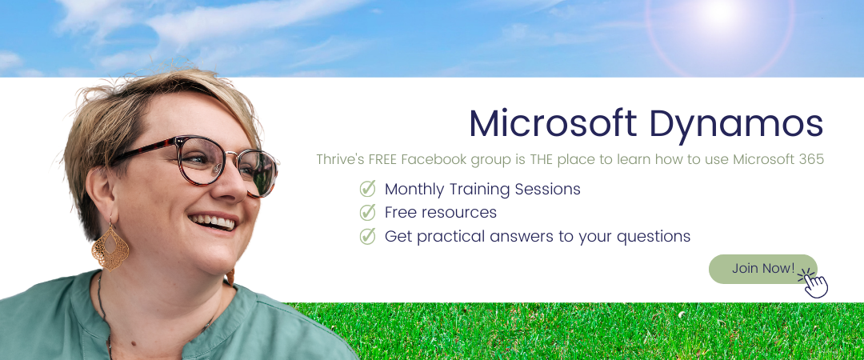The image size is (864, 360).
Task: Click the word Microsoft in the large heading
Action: click(x=554, y=123)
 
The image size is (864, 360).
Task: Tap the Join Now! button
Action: click(x=762, y=269)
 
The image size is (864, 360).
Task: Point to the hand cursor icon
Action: click(x=814, y=283)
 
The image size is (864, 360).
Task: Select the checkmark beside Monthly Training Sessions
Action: click(x=367, y=189)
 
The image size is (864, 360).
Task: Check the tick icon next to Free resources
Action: click(x=367, y=212)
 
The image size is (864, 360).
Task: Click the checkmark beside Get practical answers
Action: click(x=367, y=236)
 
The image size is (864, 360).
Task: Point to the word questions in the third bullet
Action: click(x=654, y=237)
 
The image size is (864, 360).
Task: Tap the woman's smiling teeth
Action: click(x=213, y=222)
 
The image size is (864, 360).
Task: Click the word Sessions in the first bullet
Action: click(x=547, y=189)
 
